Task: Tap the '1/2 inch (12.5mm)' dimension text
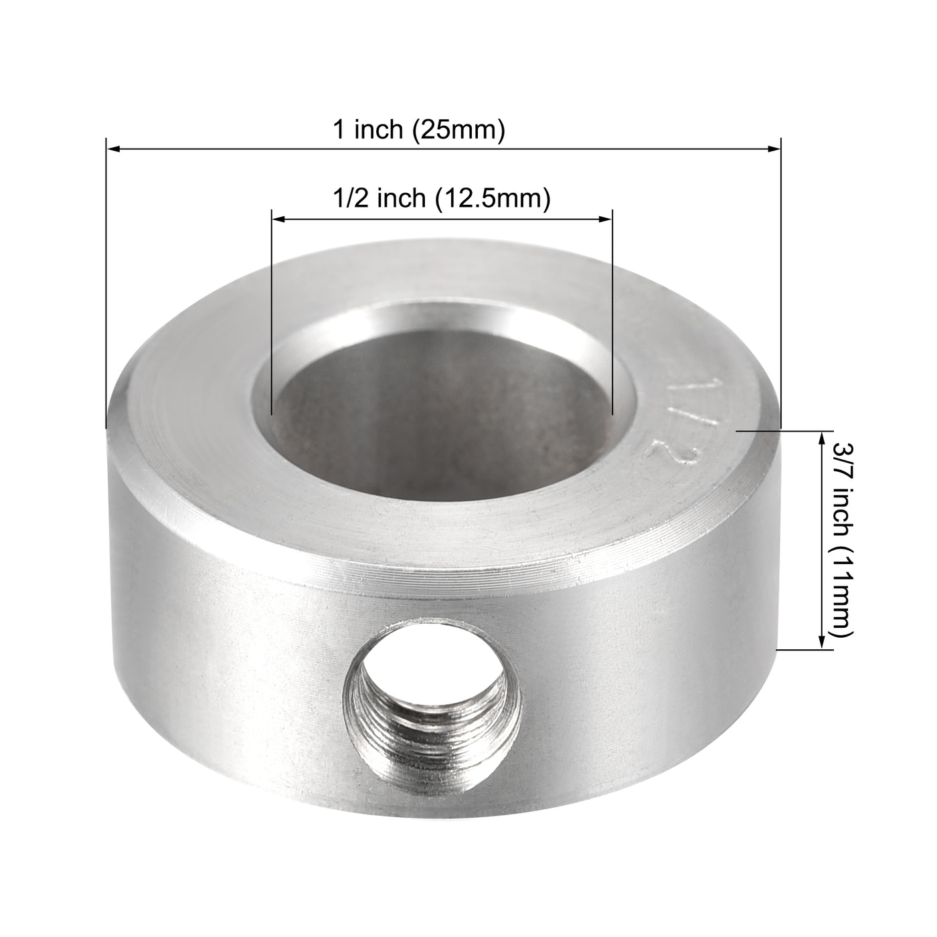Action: [x=442, y=199]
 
